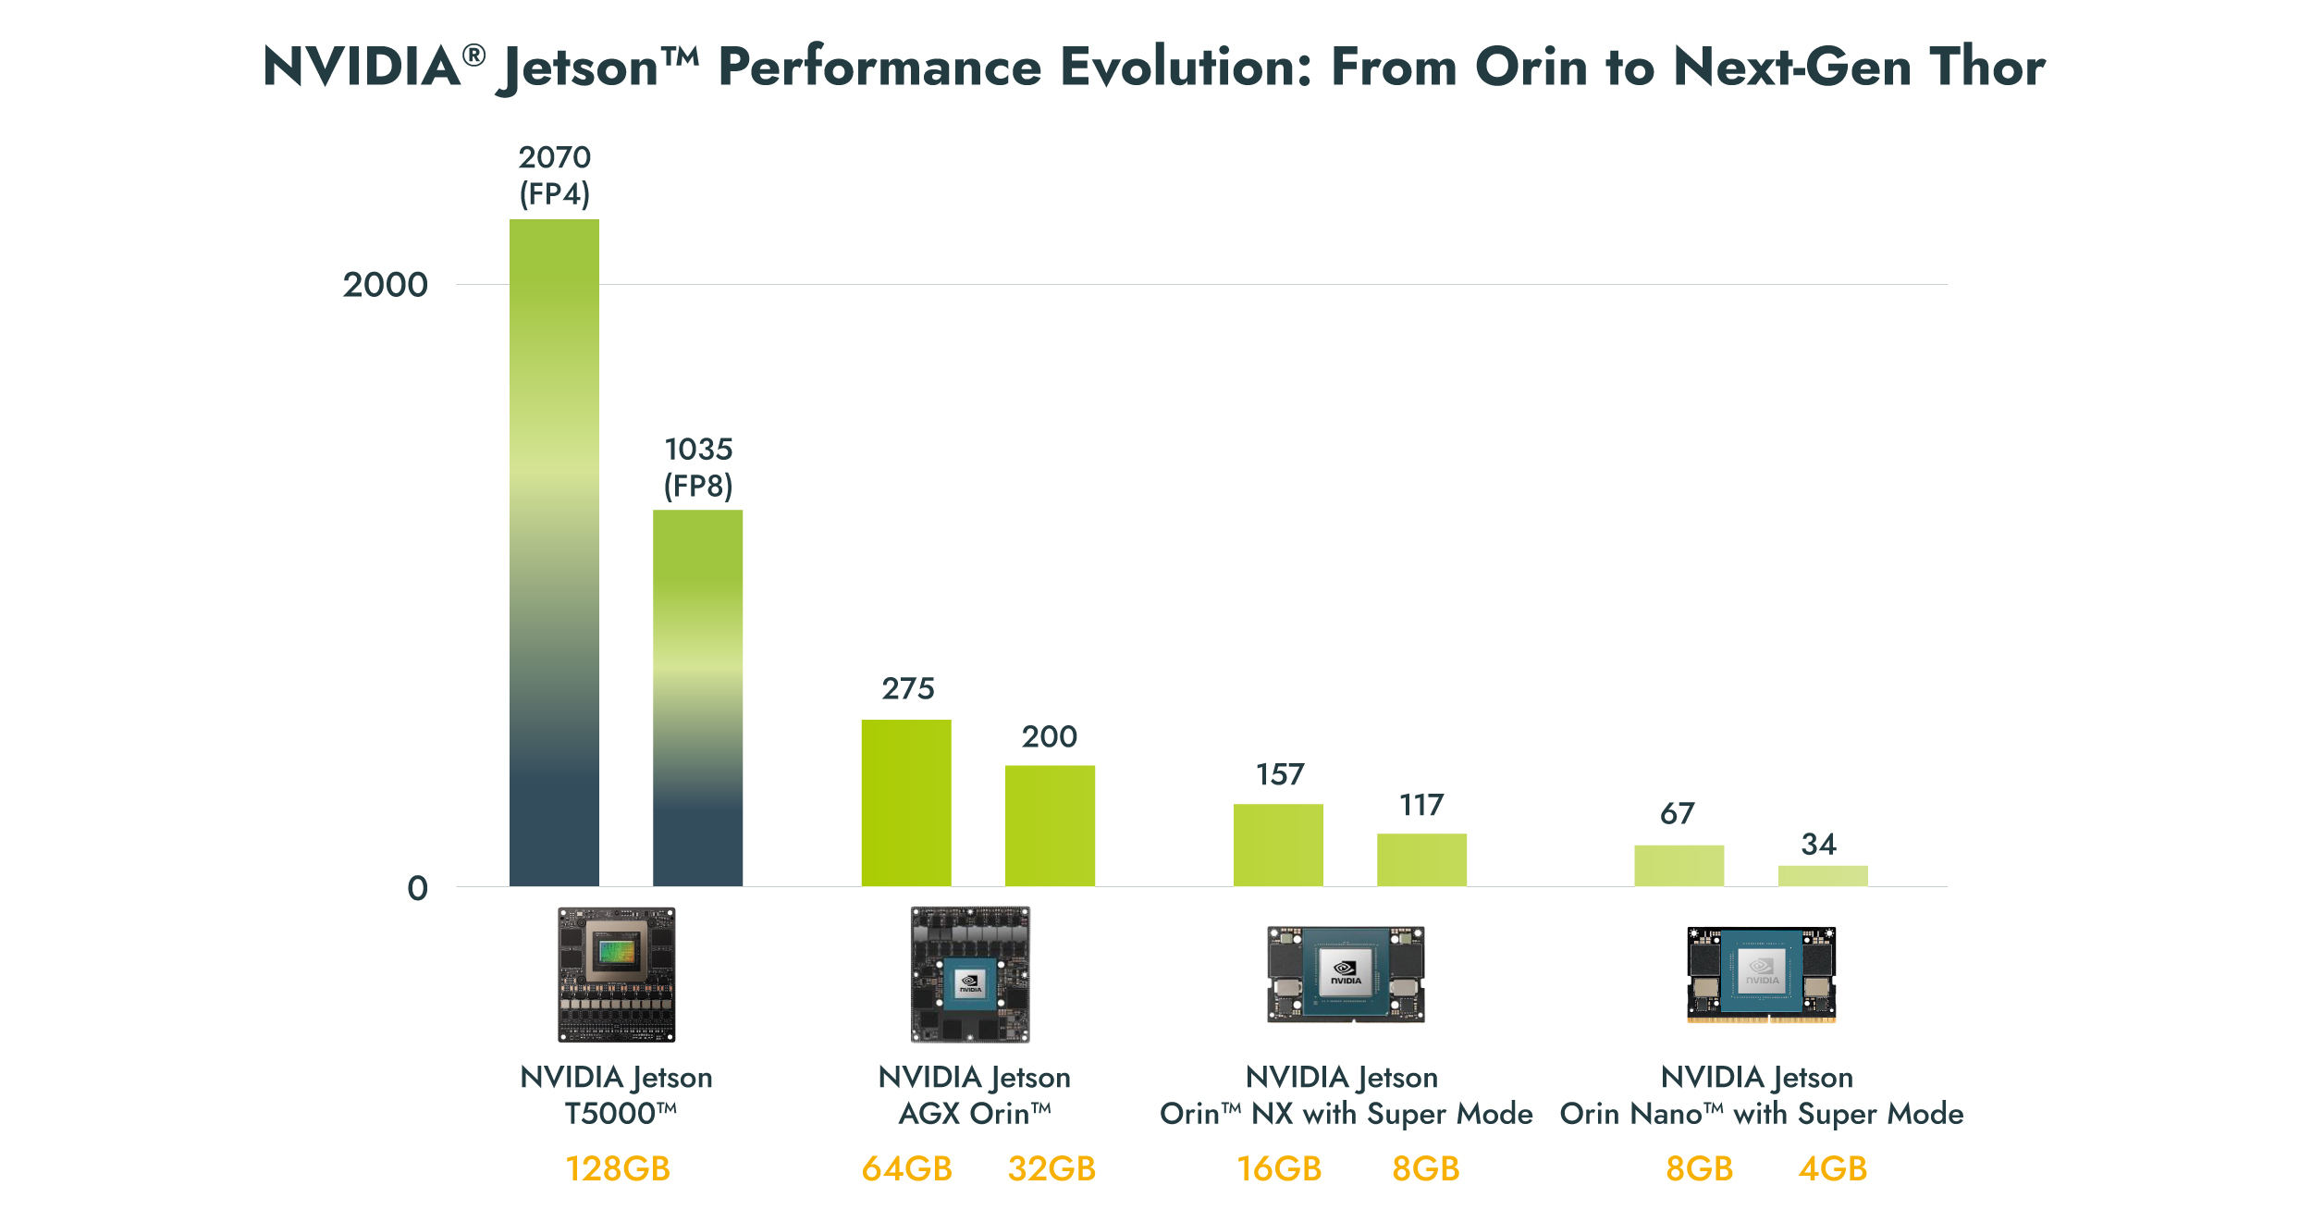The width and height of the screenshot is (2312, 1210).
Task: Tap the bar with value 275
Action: (906, 802)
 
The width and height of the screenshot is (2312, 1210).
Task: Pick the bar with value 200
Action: (1050, 825)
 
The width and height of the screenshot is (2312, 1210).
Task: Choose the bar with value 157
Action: (1278, 845)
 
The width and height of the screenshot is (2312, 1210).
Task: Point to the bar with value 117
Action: (1421, 859)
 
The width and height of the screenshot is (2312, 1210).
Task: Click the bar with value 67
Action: (1679, 865)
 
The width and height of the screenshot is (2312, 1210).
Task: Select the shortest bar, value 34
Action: (1823, 875)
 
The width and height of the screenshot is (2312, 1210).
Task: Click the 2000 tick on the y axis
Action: (386, 285)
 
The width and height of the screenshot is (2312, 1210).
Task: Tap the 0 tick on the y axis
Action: (418, 888)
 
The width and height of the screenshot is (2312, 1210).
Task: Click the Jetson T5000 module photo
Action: (617, 974)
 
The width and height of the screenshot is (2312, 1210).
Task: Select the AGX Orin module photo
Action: (970, 974)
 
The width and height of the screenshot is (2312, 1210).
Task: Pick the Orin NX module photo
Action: (1346, 974)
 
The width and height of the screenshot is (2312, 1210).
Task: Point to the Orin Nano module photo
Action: (1761, 975)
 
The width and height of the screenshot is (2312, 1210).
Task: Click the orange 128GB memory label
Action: (618, 1168)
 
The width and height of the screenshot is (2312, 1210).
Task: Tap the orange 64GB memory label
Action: (906, 1168)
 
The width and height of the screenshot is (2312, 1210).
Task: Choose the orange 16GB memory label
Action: (1279, 1168)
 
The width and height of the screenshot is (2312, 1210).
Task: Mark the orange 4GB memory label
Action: (1832, 1168)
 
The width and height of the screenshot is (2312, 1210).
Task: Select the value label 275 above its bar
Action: (908, 688)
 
